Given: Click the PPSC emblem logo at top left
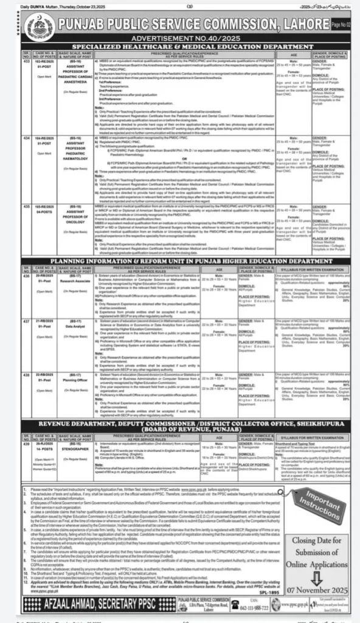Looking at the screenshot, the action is [29, 26].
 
